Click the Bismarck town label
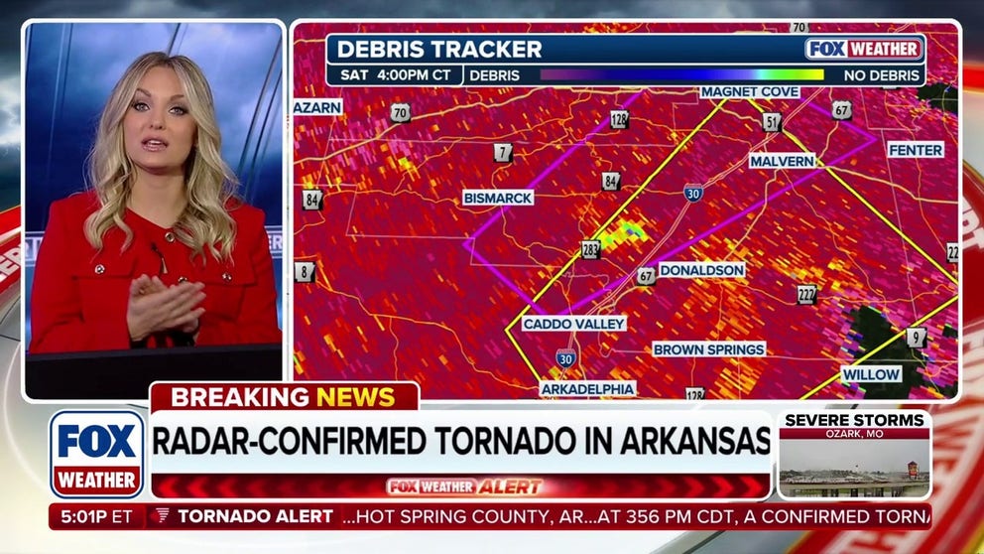498,198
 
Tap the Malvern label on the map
782,160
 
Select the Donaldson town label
701,270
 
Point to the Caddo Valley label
574,324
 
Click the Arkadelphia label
588,389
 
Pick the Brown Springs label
708,349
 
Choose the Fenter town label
915,150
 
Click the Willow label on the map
871,374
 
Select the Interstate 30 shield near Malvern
692,194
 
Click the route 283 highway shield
590,249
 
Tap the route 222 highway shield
806,294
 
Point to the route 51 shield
771,122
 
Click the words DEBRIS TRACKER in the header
439,50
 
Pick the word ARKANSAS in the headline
691,439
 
